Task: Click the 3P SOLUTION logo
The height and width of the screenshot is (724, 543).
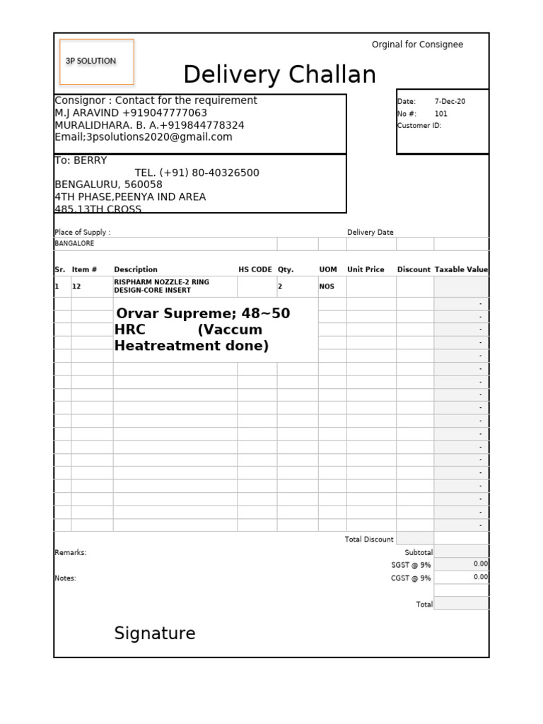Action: point(91,61)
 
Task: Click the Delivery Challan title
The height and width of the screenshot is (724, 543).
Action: point(279,74)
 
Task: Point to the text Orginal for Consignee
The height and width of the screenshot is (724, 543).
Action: point(417,45)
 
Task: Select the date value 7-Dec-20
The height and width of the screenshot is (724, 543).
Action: point(450,102)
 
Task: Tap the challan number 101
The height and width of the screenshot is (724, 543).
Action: point(440,114)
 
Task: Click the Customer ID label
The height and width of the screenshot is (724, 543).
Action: point(419,126)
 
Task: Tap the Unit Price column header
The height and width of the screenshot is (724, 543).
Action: point(366,269)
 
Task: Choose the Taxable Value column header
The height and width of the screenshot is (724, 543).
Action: point(461,269)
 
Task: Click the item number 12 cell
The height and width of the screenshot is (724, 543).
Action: point(76,287)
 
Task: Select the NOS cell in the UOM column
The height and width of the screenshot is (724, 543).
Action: point(327,287)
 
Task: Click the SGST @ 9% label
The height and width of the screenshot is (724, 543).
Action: point(411,565)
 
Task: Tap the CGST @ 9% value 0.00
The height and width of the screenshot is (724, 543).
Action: point(480,577)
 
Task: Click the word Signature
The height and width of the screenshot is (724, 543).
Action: point(155,633)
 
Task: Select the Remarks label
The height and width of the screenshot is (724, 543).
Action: point(70,553)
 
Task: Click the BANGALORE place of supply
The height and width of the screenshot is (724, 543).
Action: point(74,243)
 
